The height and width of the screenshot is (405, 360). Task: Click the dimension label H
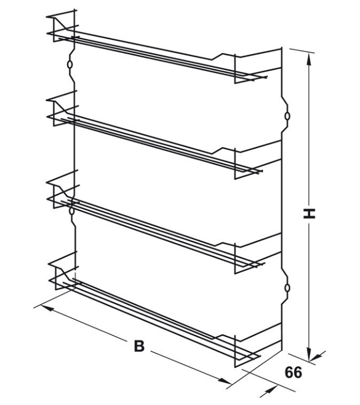(x=309, y=213)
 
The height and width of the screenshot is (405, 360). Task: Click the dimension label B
(x=139, y=346)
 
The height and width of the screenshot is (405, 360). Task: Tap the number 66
(x=293, y=372)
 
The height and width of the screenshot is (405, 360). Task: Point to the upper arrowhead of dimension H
(x=308, y=59)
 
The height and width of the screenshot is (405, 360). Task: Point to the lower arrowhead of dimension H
(x=308, y=354)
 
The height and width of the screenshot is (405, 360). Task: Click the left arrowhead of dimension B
(x=47, y=309)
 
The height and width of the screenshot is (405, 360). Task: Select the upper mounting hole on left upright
(x=69, y=64)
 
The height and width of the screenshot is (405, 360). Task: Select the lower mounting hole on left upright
(x=72, y=211)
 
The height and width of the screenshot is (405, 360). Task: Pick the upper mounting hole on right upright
(x=287, y=117)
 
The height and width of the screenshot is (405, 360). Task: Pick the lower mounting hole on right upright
(x=287, y=288)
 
